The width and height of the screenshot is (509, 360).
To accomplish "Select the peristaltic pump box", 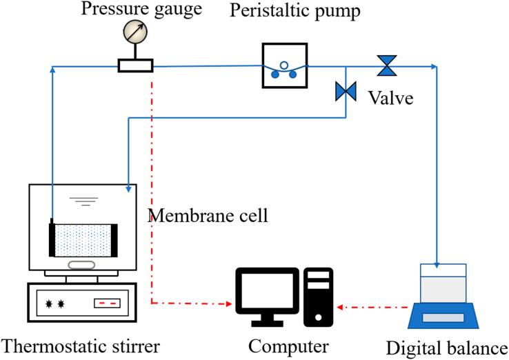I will tap(283, 66).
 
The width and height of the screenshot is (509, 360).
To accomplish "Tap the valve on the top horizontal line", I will tap(386, 66).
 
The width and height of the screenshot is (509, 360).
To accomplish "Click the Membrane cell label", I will tap(208, 215).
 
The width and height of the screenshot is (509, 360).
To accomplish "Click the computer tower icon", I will tap(318, 295).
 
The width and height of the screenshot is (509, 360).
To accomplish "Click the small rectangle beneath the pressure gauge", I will tap(135, 66).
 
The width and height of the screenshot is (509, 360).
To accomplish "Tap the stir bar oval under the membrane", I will tap(83, 264).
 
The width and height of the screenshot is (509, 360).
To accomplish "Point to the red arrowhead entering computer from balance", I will tap(339, 303).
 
